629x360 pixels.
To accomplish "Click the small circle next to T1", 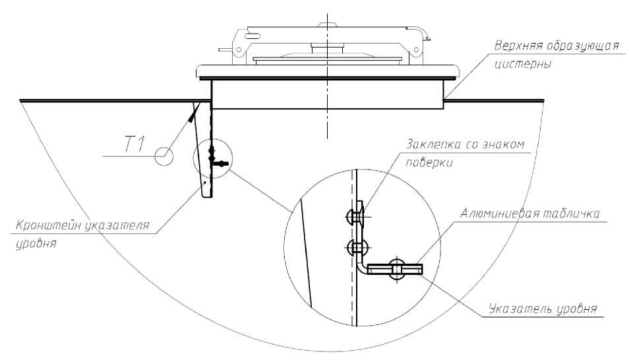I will pos(164,156).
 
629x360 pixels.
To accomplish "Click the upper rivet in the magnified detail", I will pos(354,214).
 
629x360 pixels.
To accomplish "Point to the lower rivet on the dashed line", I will pos(355,248).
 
